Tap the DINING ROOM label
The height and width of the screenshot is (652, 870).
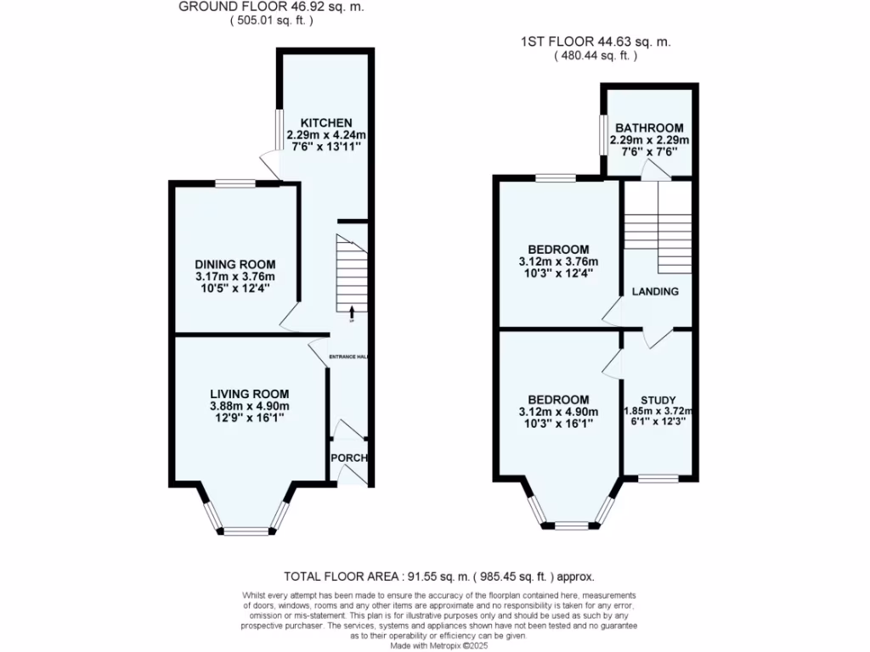[x=234, y=265]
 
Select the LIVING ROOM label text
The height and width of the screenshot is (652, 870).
[x=250, y=394]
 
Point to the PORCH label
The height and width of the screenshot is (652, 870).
[x=348, y=458]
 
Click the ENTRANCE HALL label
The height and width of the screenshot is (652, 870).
[x=348, y=357]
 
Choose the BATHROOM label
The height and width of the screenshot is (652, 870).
[x=649, y=128]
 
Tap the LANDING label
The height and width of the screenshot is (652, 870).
[x=655, y=292]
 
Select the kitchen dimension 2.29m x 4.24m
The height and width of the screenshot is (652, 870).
[x=325, y=135]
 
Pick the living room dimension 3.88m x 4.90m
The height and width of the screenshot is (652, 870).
[x=250, y=406]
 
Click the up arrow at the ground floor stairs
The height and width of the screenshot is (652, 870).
[x=352, y=312]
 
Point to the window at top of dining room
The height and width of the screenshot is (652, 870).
[x=234, y=183]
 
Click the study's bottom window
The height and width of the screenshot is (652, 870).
[x=658, y=479]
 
